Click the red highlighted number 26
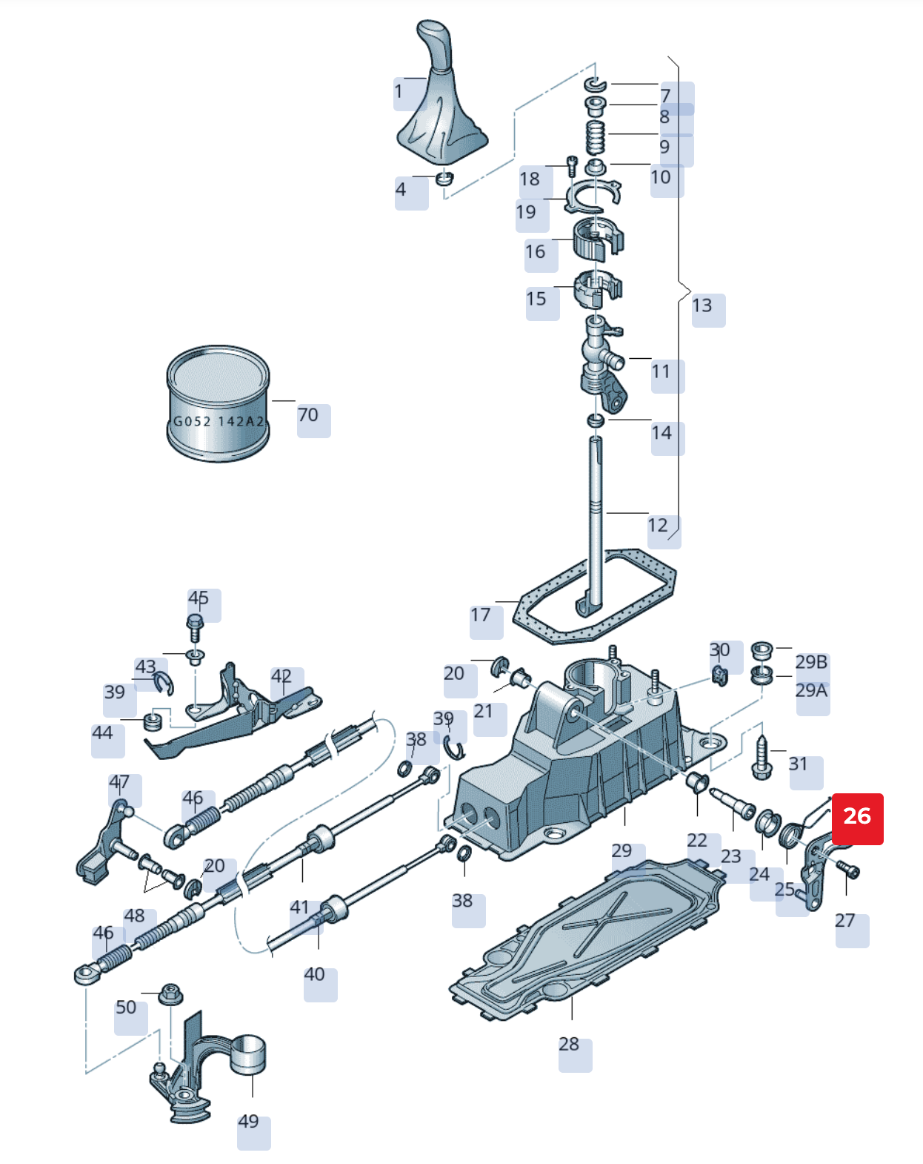coord(857,817)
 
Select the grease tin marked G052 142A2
coord(218,404)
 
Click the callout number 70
coord(308,415)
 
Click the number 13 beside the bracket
coord(702,305)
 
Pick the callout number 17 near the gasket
coord(480,615)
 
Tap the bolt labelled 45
coord(195,627)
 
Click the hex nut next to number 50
coord(171,993)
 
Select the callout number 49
coord(248,1121)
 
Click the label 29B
coord(811,661)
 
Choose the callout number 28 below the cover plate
coord(568,1044)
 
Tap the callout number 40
coord(314,974)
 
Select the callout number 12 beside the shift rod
coord(658,526)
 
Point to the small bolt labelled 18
coord(571,165)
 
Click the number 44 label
coord(102,733)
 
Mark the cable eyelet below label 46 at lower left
coord(87,973)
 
